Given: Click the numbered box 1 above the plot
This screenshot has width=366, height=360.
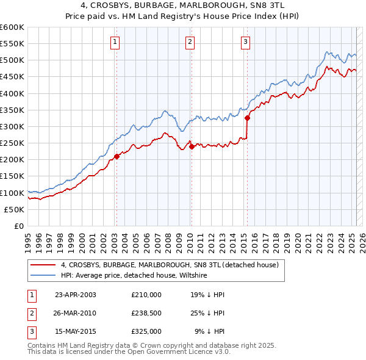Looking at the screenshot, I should [x=115, y=42].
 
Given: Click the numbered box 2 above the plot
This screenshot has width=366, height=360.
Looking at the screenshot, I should [x=190, y=42].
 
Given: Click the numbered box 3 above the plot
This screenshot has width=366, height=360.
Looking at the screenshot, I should [x=245, y=42].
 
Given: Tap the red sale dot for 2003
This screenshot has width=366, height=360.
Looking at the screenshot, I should [x=117, y=156].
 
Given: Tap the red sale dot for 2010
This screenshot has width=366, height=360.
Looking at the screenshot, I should [x=191, y=146].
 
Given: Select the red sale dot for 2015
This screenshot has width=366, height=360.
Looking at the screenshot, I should [x=247, y=118].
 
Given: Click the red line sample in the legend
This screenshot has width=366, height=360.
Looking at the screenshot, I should [x=43, y=265].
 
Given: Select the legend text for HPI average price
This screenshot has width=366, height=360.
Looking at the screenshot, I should [x=134, y=275].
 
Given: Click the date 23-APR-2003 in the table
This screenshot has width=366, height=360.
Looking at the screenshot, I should [x=75, y=295].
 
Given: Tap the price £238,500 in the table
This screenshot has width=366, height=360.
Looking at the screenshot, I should [x=146, y=313].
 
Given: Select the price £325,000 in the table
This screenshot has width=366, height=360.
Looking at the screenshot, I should [x=146, y=331].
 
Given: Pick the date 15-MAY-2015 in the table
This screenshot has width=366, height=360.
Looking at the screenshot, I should [x=75, y=331].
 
